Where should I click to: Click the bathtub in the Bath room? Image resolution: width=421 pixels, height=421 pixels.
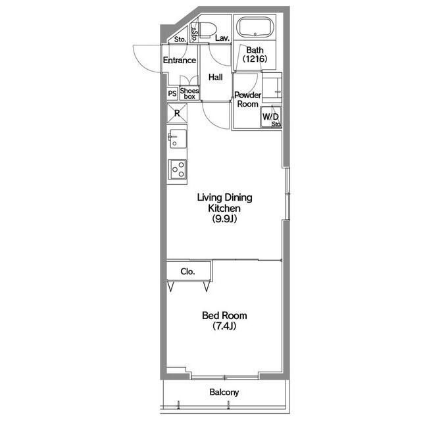coord(255,28)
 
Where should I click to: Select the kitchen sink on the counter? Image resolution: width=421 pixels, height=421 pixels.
coord(177,139)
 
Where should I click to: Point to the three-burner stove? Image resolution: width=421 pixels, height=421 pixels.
coord(177,169)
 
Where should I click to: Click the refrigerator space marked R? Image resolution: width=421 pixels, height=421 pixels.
coord(177,113)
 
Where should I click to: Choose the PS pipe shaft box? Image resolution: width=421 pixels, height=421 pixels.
coord(172,93)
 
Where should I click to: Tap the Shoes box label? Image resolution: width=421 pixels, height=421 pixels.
coord(189,93)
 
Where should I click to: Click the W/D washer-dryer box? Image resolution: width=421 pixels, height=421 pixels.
coord(270,117)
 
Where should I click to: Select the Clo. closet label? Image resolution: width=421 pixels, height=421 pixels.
coord(187,272)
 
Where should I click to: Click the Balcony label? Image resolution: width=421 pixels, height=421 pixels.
coord(224,392)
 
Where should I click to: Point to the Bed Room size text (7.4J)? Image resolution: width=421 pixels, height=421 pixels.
coord(224,326)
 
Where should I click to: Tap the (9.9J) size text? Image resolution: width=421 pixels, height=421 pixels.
coord(224,219)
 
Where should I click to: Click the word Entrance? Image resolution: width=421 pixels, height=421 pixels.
coord(180,60)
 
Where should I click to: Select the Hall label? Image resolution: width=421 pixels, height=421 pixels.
coord(216,78)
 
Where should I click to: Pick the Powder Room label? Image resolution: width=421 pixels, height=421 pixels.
coord(247,99)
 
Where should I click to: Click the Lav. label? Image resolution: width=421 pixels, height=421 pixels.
coord(222,38)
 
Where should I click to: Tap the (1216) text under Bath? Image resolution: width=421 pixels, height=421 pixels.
coord(255,59)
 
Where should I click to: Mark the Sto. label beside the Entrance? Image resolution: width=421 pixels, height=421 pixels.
coord(180,39)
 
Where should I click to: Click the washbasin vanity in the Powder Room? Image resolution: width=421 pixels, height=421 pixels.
coord(272,87)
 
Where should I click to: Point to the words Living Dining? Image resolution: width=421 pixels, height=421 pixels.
coord(225,197)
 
